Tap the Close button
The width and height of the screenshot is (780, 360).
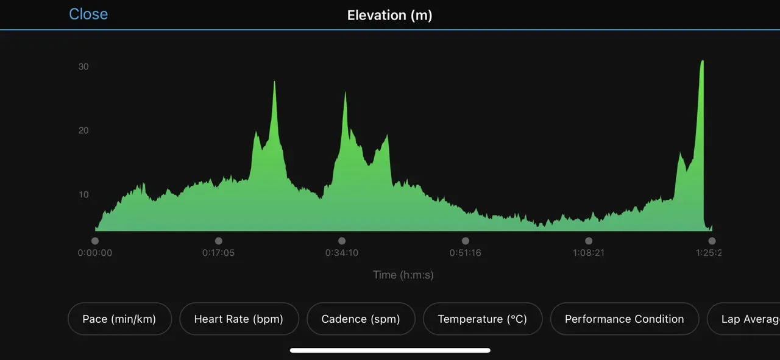pyautogui.click(x=88, y=14)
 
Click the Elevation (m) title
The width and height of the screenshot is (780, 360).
pyautogui.click(x=389, y=15)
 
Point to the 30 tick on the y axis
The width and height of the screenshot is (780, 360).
pyautogui.click(x=83, y=66)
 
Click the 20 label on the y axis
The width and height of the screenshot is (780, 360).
pyautogui.click(x=83, y=130)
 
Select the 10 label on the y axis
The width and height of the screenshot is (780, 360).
pyautogui.click(x=83, y=194)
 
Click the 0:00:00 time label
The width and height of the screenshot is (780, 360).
pyautogui.click(x=95, y=253)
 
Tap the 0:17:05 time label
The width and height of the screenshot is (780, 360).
pyautogui.click(x=219, y=253)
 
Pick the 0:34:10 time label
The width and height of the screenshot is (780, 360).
pyautogui.click(x=342, y=253)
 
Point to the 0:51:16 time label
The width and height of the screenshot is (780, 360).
pyautogui.click(x=466, y=253)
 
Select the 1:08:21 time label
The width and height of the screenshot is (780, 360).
pyautogui.click(x=589, y=253)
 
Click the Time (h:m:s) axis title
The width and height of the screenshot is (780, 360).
pyautogui.click(x=403, y=275)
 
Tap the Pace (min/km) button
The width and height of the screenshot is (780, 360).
pyautogui.click(x=119, y=319)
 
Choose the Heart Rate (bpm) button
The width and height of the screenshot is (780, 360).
pyautogui.click(x=239, y=319)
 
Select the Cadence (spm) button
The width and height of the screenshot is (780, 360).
pyautogui.click(x=361, y=319)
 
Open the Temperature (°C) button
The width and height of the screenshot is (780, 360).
pyautogui.click(x=483, y=319)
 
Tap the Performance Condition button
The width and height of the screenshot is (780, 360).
pyautogui.click(x=624, y=319)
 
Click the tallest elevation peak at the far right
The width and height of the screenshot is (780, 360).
pyautogui.click(x=702, y=62)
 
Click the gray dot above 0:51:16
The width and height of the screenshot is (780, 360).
pyautogui.click(x=466, y=241)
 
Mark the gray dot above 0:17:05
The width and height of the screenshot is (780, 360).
pyautogui.click(x=219, y=241)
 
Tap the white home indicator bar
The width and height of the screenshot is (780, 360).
pyautogui.click(x=390, y=350)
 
